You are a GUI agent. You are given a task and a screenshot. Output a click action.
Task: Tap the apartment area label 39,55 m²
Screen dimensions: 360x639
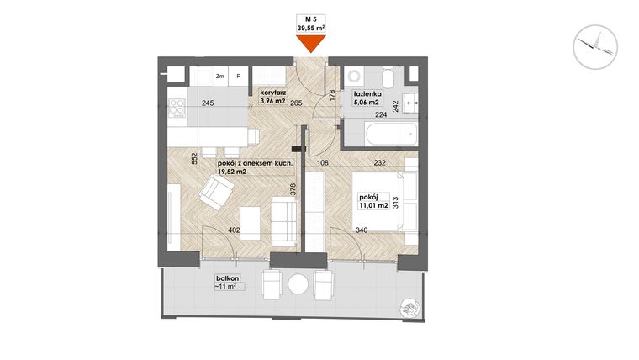[x=311, y=28]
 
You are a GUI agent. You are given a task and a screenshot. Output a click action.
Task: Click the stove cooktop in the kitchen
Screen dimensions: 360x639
[x=177, y=107]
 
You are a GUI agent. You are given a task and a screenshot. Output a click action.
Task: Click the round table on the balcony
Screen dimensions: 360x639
[x=298, y=283]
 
